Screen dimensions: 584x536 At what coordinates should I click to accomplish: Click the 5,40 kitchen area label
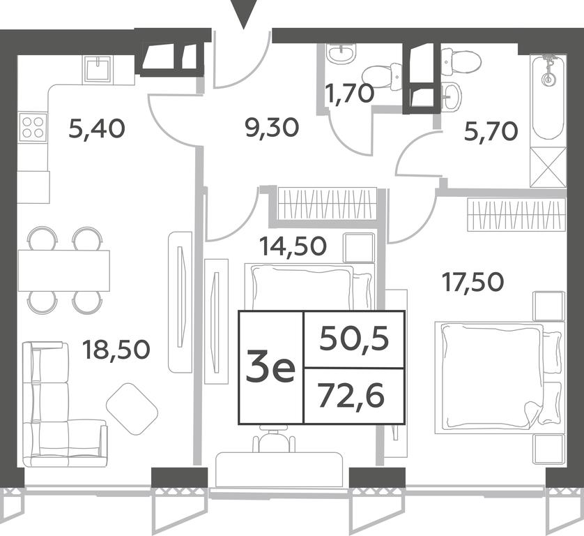pyautogui.click(x=97, y=129)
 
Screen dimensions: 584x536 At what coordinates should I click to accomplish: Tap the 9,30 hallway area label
pyautogui.click(x=272, y=128)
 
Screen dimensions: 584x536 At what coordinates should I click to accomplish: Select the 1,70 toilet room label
pyautogui.click(x=349, y=94)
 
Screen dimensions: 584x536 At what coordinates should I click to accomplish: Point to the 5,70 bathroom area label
pyautogui.click(x=491, y=132)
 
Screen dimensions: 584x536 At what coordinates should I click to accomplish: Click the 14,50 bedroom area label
pyautogui.click(x=293, y=246)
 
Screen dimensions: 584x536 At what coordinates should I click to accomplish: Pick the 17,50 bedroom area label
pyautogui.click(x=472, y=282)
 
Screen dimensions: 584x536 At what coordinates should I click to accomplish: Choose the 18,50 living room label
pyautogui.click(x=116, y=350)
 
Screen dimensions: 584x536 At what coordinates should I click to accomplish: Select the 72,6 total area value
pyautogui.click(x=351, y=396)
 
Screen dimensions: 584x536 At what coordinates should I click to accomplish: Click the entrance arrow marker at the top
pyautogui.click(x=244, y=14)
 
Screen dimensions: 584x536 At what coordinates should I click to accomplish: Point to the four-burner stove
pyautogui.click(x=33, y=127)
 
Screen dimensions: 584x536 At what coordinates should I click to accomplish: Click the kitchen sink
pyautogui.click(x=98, y=68)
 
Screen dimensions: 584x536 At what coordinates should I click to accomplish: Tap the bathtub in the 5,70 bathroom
pyautogui.click(x=548, y=100)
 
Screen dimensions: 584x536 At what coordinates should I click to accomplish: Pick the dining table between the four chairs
pyautogui.click(x=63, y=271)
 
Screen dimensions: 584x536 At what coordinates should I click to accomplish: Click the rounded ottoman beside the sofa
pyautogui.click(x=132, y=408)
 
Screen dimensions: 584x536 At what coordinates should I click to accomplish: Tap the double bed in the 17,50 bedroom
pyautogui.click(x=500, y=378)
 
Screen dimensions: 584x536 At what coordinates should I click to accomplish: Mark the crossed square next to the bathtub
pyautogui.click(x=548, y=167)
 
